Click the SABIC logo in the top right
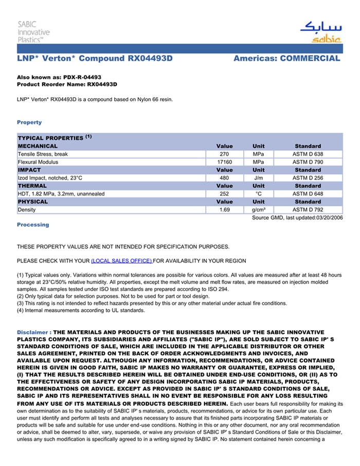click(321, 32)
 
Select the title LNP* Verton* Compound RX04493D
click(95, 58)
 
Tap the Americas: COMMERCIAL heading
click(286, 58)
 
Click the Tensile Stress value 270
click(224, 154)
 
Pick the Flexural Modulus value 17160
click(224, 162)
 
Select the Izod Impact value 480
click(224, 178)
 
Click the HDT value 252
click(224, 194)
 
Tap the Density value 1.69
click(224, 210)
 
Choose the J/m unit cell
click(258, 178)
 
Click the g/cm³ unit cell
click(258, 210)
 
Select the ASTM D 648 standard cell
click(308, 194)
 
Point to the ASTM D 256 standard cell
click(308, 178)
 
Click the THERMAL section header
click(32, 186)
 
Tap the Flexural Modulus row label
click(38, 162)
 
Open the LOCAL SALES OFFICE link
click(122, 261)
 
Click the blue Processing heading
click(33, 225)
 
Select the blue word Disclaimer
click(33, 332)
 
